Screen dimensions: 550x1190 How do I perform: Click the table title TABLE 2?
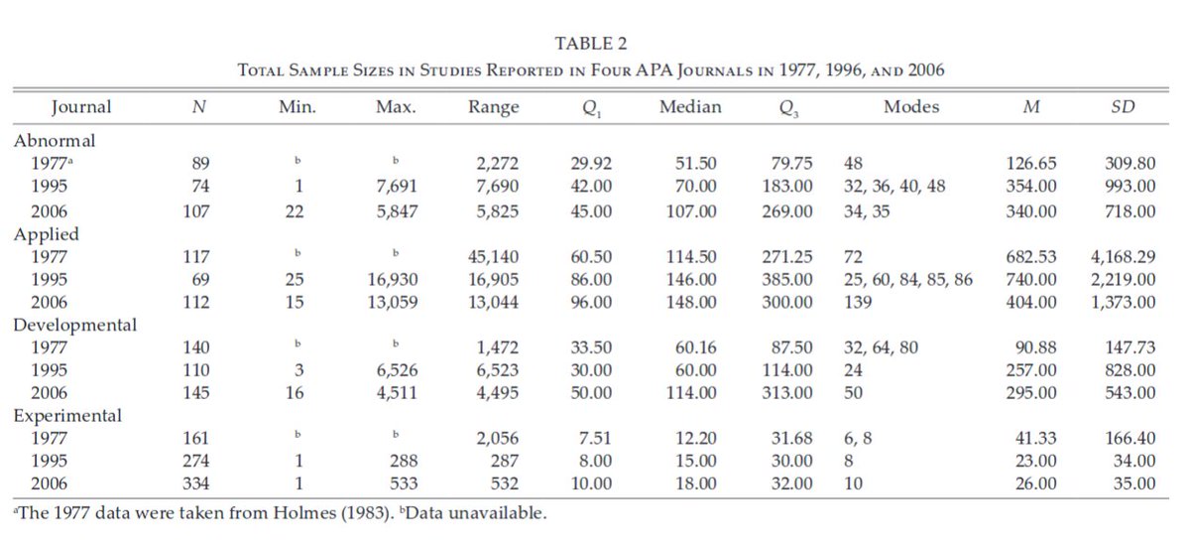[591, 43]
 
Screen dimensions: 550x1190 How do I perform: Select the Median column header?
[690, 107]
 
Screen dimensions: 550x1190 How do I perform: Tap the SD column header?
[1122, 107]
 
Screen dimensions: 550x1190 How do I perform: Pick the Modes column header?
[910, 107]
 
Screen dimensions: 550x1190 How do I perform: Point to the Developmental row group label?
[74, 324]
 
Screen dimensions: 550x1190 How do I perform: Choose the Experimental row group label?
[67, 415]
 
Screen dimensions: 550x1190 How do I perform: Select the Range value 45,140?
[492, 256]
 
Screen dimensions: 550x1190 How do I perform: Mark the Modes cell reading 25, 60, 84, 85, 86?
[907, 279]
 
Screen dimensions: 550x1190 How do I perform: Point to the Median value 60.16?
[691, 347]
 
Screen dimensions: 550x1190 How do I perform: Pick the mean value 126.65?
[1031, 163]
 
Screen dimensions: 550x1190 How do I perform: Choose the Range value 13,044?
[492, 302]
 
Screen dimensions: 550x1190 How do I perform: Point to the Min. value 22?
[294, 210]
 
